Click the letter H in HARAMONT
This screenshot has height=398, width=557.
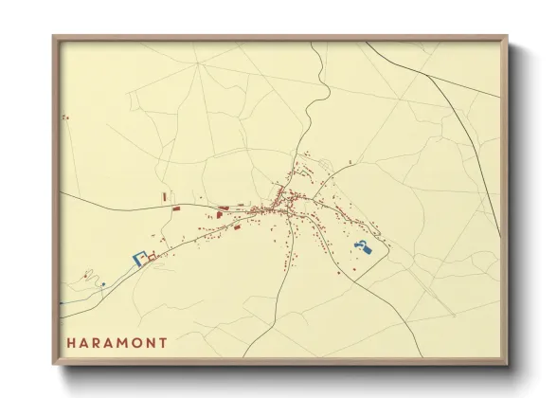[70, 342]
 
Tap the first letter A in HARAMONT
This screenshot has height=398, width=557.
[83, 342]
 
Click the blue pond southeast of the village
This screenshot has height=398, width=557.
[361, 248]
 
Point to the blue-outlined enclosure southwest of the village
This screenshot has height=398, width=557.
[138, 257]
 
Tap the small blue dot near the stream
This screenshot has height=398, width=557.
[102, 283]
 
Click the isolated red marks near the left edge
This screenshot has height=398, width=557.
[66, 117]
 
